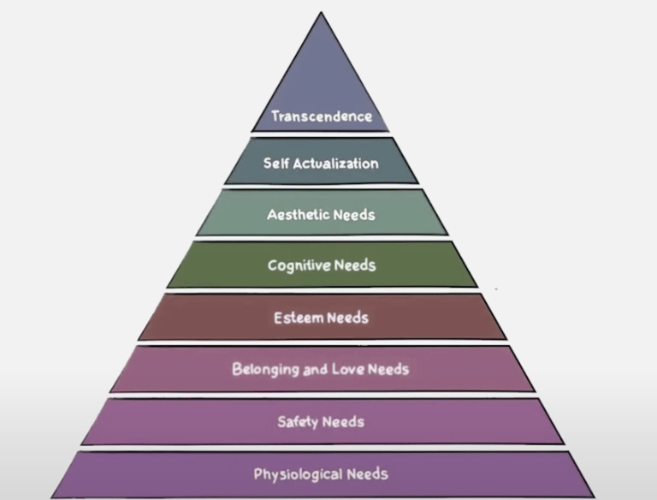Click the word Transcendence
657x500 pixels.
coord(322,116)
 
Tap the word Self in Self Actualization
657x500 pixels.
coord(276,163)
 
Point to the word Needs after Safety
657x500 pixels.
coord(343,421)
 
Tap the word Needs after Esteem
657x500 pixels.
coord(347,318)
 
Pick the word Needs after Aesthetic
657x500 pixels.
coord(354,214)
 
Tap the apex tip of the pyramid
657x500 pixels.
coord(321,14)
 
